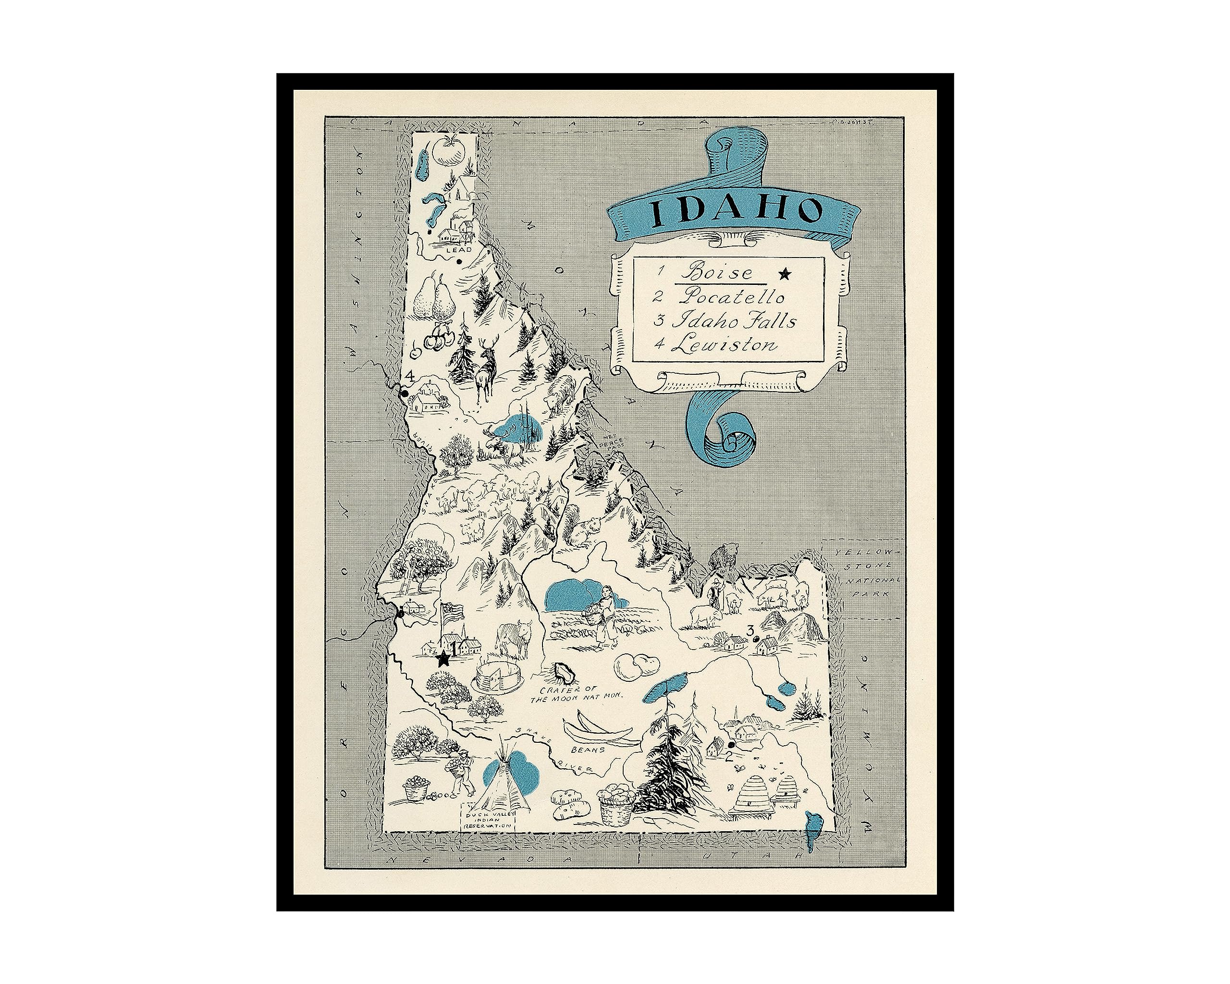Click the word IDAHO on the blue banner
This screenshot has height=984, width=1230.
tap(737, 212)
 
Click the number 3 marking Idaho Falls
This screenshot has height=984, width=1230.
tap(751, 630)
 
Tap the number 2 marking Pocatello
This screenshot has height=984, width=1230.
tap(728, 758)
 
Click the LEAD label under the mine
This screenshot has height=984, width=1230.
tap(459, 250)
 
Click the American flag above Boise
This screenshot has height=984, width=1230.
tap(452, 612)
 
